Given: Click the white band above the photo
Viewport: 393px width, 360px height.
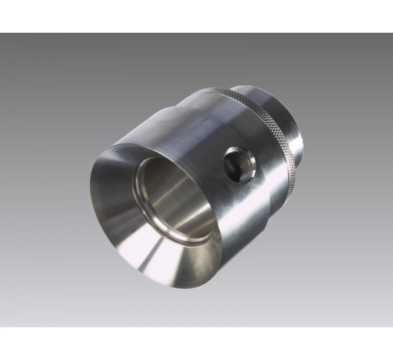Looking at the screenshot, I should click(x=196, y=16).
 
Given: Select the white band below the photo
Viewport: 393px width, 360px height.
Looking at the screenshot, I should click(x=196, y=344).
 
